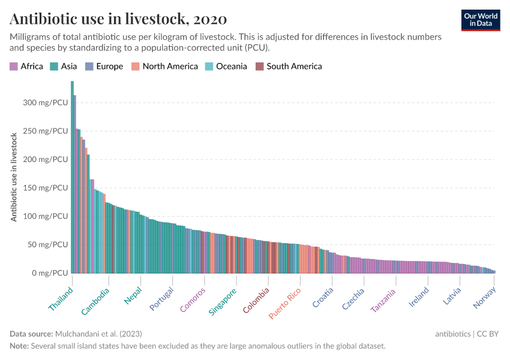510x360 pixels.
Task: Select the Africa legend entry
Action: tap(26, 67)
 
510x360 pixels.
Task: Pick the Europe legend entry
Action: tap(104, 67)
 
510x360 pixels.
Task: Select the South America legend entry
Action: tap(289, 67)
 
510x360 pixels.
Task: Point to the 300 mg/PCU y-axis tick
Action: tap(45, 103)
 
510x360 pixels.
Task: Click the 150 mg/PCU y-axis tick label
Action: tap(45, 188)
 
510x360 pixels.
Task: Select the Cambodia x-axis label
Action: tap(96, 302)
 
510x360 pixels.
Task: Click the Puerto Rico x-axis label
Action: tap(285, 304)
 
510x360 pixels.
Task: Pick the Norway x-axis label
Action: tap(485, 298)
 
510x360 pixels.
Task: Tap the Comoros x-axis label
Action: tap(193, 299)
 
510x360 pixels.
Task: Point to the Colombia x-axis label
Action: tap(256, 301)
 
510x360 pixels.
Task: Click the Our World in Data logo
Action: tap(481, 20)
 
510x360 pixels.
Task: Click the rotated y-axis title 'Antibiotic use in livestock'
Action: tap(14, 177)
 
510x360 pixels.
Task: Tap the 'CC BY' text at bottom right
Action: tap(488, 334)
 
